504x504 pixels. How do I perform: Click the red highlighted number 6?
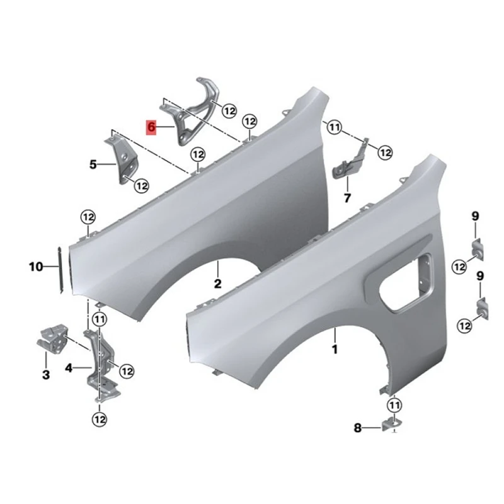point(151,126)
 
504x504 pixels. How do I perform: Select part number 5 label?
point(93,165)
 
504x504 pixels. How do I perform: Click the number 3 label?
point(45,375)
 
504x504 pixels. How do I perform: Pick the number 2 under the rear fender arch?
point(217,283)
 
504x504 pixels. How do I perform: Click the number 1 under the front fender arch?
point(335,348)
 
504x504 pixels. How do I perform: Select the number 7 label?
point(346,198)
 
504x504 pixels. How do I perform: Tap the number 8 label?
point(358,429)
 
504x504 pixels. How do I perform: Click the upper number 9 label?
point(475,217)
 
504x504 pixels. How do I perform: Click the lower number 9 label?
point(480,275)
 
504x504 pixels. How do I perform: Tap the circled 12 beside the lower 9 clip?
point(465,326)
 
